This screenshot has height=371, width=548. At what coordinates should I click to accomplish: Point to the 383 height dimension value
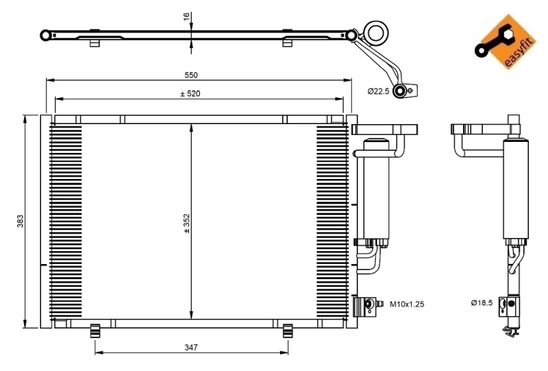21,222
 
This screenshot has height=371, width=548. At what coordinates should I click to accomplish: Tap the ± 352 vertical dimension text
186,224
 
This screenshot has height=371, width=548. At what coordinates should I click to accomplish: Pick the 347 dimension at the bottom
190,348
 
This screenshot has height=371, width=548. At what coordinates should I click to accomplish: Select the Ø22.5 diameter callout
378,91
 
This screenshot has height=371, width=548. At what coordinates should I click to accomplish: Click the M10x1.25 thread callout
407,303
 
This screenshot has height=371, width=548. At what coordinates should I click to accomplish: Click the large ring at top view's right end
375,32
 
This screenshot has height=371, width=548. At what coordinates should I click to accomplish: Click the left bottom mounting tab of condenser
96,329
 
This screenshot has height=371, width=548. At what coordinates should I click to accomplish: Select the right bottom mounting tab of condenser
287,329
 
